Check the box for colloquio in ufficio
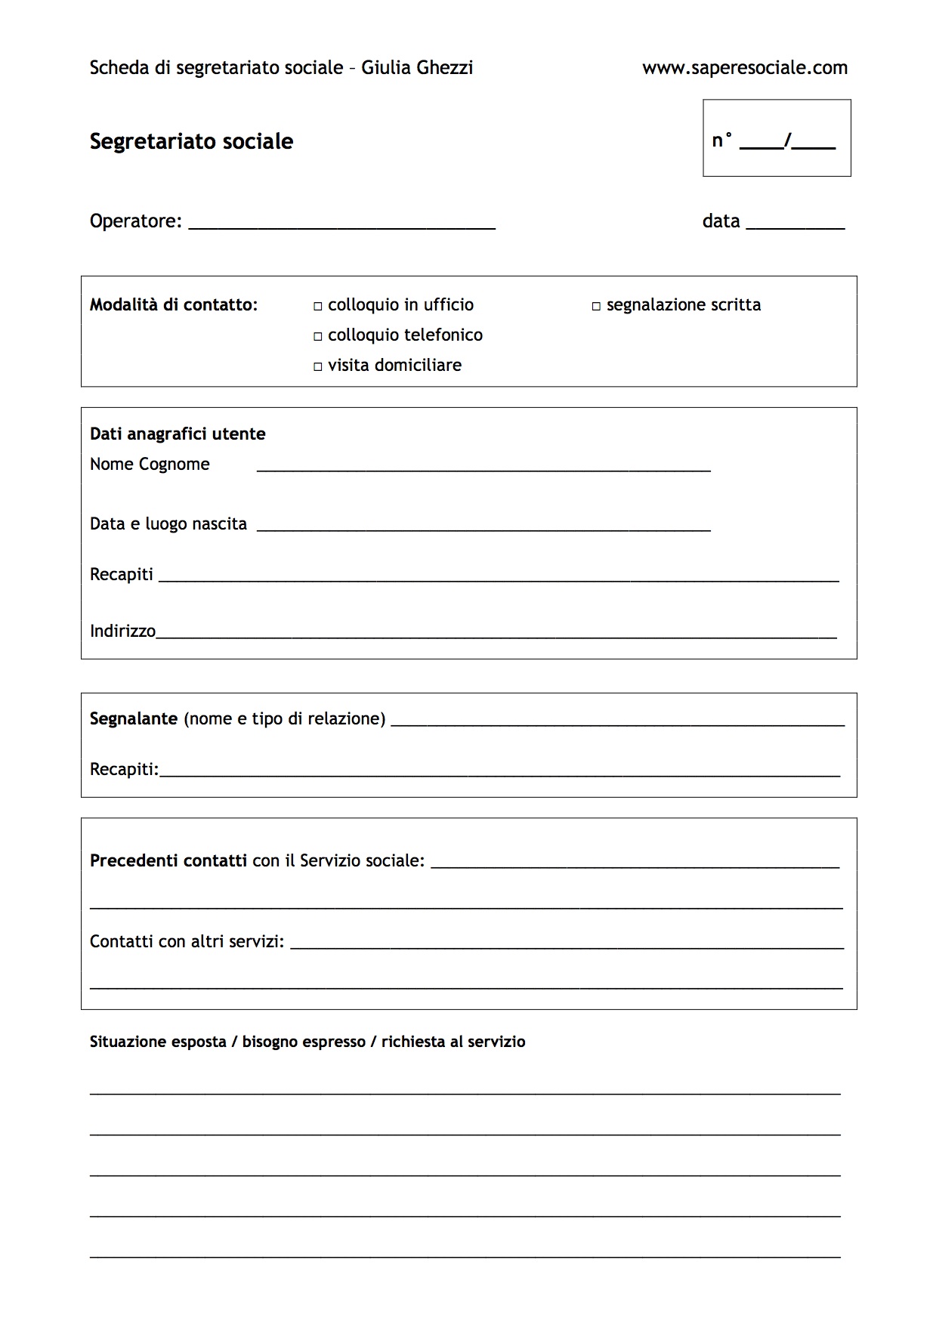pos(318,306)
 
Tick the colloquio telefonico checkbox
pos(318,336)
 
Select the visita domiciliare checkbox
pos(318,366)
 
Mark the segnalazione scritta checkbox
pos(596,306)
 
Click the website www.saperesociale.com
pos(744,68)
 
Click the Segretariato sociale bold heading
pos(191,141)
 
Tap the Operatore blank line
pos(341,224)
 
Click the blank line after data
pos(795,224)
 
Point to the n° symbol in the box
pos(722,141)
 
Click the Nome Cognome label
pos(150,464)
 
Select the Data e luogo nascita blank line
pos(483,527)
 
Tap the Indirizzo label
pos(122,631)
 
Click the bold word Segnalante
pos(133,718)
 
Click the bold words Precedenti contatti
pos(168,860)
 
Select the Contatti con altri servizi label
pos(187,941)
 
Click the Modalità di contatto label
pos(174,304)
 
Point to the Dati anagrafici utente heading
pos(178,434)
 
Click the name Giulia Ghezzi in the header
pos(417,68)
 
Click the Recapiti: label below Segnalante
pos(124,769)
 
